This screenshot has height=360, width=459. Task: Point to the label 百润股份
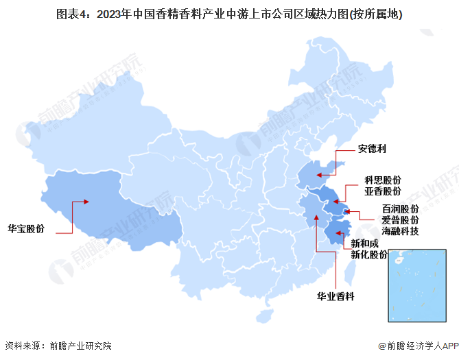coord(400,208)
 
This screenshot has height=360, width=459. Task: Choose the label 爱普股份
coord(400,219)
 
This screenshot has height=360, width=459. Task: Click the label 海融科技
coord(400,231)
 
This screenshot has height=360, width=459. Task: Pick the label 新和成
coord(364,243)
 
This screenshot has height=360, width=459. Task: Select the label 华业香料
coord(335,296)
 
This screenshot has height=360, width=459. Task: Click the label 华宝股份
coord(25,228)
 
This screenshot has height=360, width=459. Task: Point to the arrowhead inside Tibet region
coord(86,202)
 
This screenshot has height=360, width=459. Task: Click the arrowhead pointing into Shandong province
coord(320,174)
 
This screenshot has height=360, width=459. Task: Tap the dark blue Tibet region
coord(110,206)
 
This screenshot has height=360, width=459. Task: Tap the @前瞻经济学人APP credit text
coord(416,346)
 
